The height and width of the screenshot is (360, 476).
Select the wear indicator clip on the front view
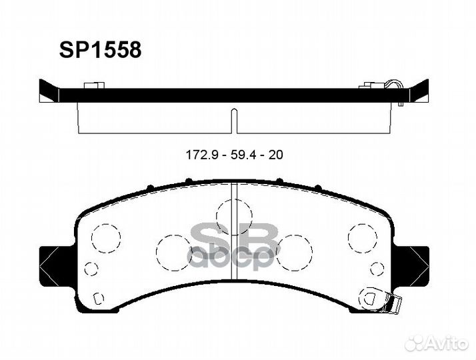[390, 304]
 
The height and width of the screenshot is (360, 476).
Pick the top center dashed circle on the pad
[233, 214]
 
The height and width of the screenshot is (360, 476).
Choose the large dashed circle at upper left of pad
[105, 237]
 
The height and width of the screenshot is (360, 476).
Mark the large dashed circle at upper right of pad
[362, 237]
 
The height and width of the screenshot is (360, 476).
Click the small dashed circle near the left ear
[92, 269]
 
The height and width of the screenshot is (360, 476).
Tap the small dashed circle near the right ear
[377, 269]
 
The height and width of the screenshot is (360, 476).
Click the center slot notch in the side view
[233, 120]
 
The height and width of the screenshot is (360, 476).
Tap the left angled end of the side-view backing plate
[49, 91]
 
